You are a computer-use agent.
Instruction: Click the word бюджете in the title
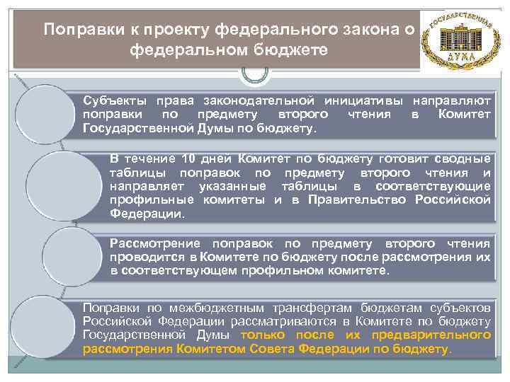pyautogui.click(x=287, y=50)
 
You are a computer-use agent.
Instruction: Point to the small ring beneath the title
pyautogui.click(x=255, y=74)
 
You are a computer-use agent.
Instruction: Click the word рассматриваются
pyautogui.click(x=281, y=321)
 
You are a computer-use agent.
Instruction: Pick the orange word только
pyautogui.click(x=264, y=335)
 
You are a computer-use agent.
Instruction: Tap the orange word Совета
pyautogui.click(x=273, y=349)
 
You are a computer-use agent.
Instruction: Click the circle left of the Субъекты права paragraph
pyautogui.click(x=44, y=113)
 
